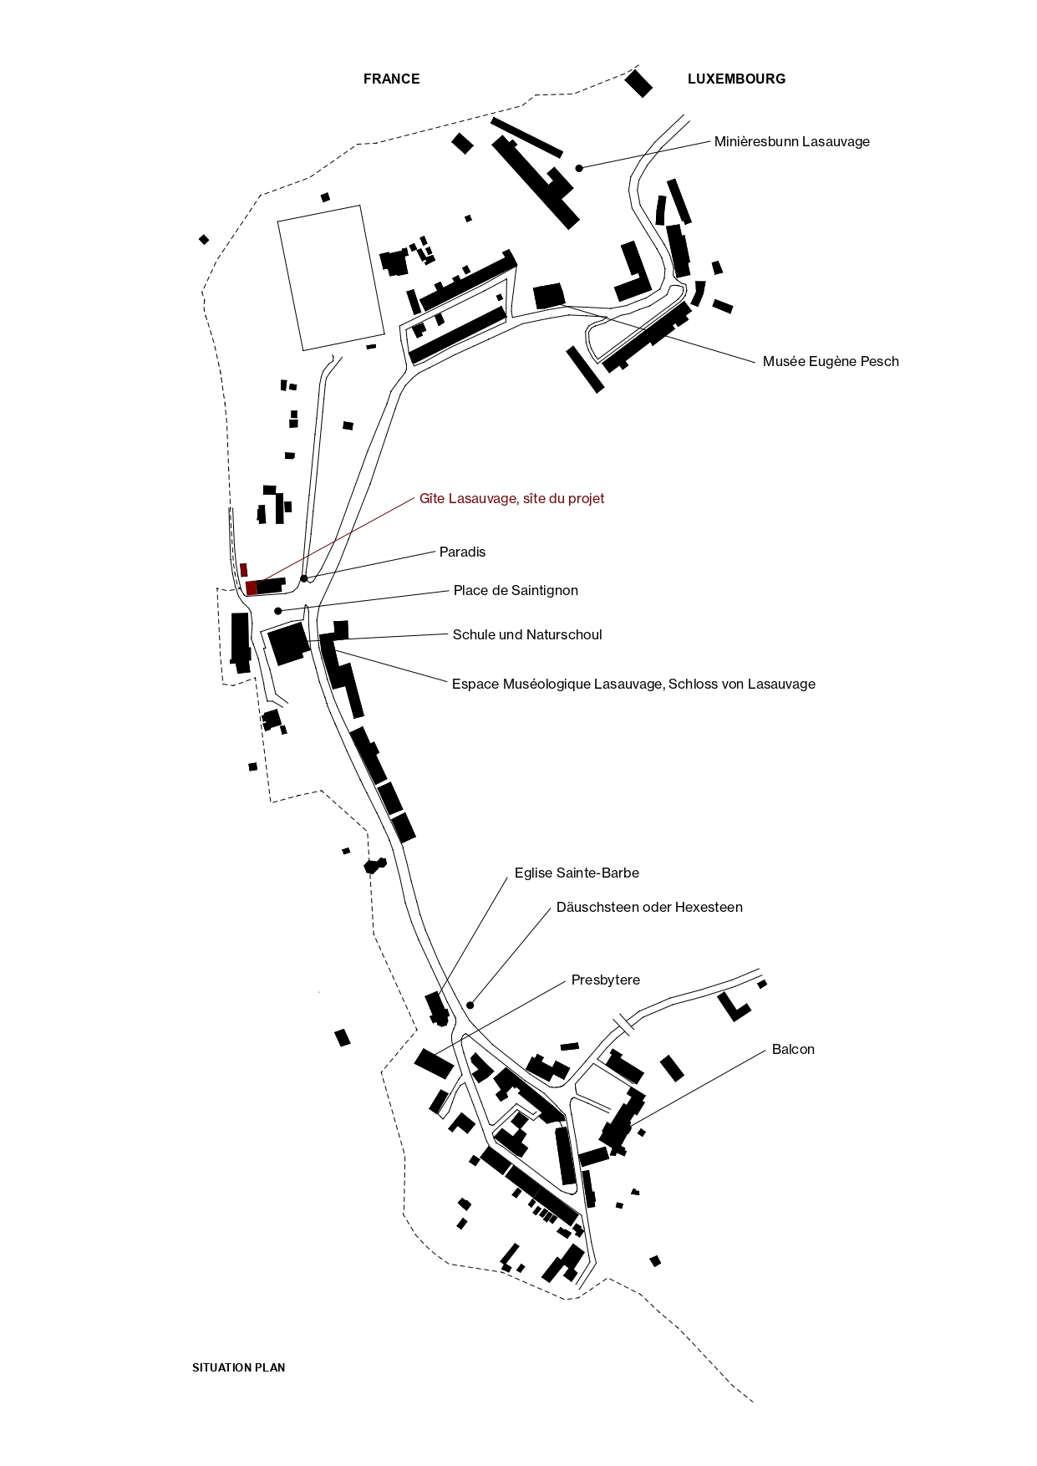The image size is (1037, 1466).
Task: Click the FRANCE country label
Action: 391,79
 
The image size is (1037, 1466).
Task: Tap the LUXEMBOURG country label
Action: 736,79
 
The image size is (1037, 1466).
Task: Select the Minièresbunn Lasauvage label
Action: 791,142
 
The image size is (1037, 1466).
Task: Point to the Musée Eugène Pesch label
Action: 831,362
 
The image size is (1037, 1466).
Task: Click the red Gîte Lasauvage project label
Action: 511,499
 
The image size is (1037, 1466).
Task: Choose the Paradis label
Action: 462,552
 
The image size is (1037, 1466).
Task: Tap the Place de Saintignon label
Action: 516,591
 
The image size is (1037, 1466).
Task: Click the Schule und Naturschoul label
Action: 527,635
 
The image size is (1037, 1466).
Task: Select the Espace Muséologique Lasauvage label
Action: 633,685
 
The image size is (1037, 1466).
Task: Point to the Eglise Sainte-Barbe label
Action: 577,873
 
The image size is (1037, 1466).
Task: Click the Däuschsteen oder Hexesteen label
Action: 649,908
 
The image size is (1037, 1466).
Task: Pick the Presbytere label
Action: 606,980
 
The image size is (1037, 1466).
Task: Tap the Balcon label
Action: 793,1050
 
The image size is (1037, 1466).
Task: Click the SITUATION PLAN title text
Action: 239,1368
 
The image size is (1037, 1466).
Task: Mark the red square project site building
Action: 252,588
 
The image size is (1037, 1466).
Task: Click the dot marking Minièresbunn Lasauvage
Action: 579,168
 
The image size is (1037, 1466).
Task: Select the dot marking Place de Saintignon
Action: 278,611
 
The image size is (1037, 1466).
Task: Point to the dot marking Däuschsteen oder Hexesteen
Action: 470,1005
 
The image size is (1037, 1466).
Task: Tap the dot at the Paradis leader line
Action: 304,578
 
